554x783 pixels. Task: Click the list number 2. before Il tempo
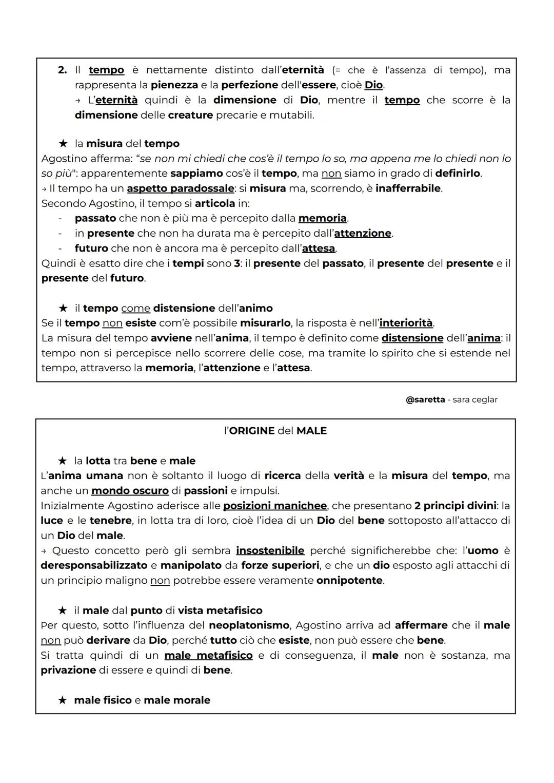click(62, 70)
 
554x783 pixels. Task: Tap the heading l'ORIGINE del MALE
click(275, 431)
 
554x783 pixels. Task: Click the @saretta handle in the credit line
click(425, 399)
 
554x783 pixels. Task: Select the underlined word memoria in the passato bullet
click(322, 218)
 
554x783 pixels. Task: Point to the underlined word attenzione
click(363, 233)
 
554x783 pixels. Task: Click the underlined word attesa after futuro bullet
click(319, 249)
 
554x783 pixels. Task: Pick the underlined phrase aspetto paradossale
click(180, 188)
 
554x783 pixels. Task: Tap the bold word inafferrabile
click(408, 188)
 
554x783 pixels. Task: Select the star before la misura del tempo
click(63, 144)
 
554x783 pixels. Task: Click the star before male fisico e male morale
click(63, 700)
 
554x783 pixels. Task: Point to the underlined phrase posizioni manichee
click(274, 506)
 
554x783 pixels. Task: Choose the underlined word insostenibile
click(270, 550)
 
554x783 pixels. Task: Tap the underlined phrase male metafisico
click(208, 655)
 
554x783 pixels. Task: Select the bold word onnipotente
click(349, 581)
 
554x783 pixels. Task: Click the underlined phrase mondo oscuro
click(130, 490)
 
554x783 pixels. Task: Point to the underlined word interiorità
click(406, 323)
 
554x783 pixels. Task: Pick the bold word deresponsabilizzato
click(94, 565)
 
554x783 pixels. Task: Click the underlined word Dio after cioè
click(373, 85)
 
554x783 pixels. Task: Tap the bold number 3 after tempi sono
click(237, 263)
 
